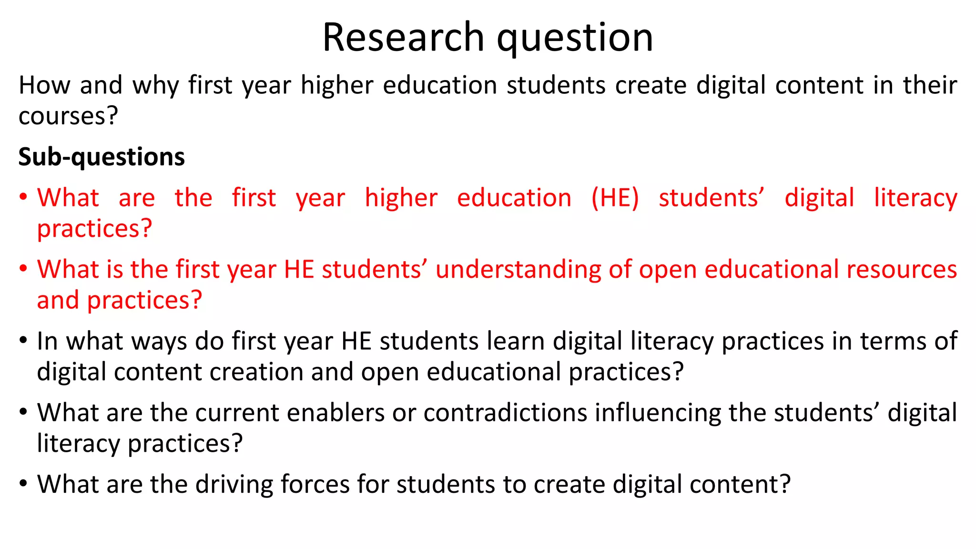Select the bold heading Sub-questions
pyautogui.click(x=102, y=157)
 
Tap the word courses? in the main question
pyautogui.click(x=68, y=116)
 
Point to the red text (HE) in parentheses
pyautogui.click(x=615, y=198)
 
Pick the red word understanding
pyautogui.click(x=518, y=270)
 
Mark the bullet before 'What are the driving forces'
pyautogui.click(x=23, y=483)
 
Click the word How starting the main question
pyautogui.click(x=44, y=85)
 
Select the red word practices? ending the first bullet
pyautogui.click(x=94, y=229)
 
